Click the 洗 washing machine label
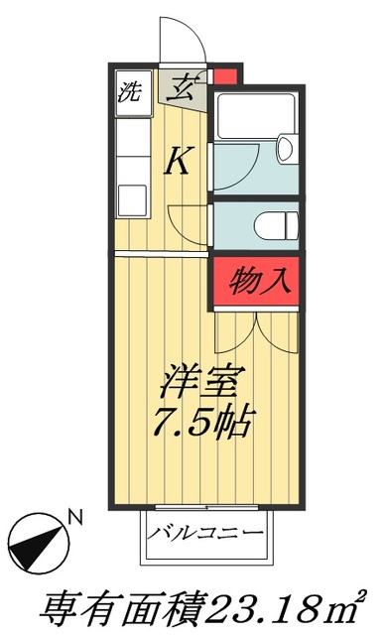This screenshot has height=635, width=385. [x=129, y=96]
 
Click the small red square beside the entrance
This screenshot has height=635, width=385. [x=225, y=77]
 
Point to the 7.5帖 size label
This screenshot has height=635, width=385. [x=204, y=424]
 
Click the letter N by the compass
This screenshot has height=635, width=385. [x=73, y=516]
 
